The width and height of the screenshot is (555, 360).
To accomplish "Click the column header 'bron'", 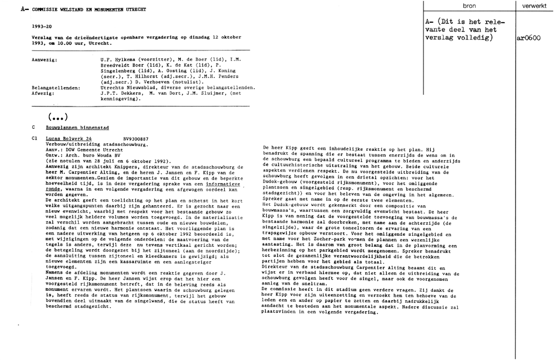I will [x=468, y=6].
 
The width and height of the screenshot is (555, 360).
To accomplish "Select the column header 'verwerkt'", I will [x=534, y=6].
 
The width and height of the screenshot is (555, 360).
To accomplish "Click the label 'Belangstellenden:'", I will [x=56, y=88].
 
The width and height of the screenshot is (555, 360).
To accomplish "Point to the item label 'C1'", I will [x=35, y=138].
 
